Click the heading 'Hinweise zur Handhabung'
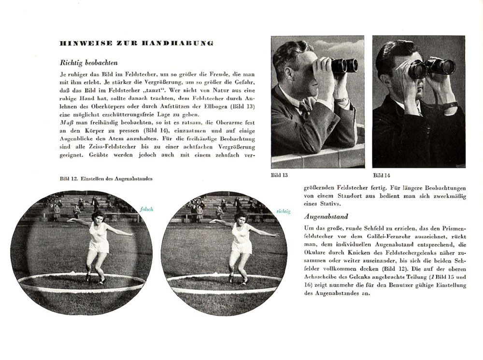pyautogui.click(x=136, y=43)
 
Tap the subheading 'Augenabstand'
pyautogui.click(x=326, y=217)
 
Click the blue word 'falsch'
pyautogui.click(x=147, y=209)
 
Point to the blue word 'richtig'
pyautogui.click(x=284, y=211)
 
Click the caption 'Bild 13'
pyautogui.click(x=280, y=175)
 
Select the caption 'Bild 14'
pyautogui.click(x=382, y=175)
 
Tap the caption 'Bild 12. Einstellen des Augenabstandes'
pyautogui.click(x=106, y=179)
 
